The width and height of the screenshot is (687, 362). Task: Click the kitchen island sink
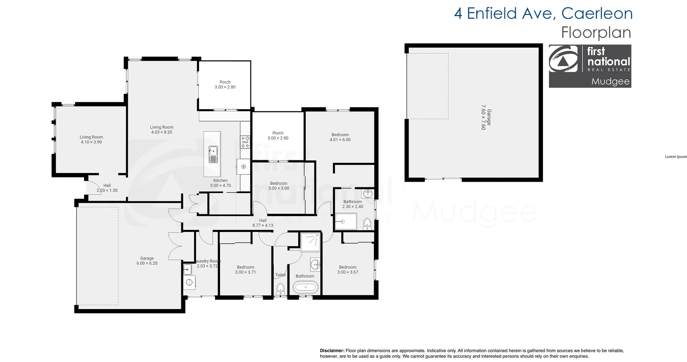(x=213, y=154)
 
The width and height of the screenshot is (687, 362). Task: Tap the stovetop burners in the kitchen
(x=245, y=142)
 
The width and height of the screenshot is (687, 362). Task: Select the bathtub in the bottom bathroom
(x=305, y=287)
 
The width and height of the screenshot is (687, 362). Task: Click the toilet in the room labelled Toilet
(x=281, y=289)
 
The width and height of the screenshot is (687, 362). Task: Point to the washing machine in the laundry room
(x=189, y=283)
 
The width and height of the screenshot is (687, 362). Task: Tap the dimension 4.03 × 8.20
(x=161, y=132)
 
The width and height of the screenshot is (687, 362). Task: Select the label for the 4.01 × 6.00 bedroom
(x=340, y=137)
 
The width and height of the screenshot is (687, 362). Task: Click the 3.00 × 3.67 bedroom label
(x=347, y=270)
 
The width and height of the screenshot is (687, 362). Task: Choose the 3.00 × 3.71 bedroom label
(x=245, y=270)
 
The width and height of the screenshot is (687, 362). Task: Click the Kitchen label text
(x=220, y=180)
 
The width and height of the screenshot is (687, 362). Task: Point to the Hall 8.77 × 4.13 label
(x=263, y=223)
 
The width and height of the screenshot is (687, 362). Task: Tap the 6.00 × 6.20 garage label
(x=147, y=261)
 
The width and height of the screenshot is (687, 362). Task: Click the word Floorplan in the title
(x=596, y=33)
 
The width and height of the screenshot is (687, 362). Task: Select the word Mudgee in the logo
(x=610, y=81)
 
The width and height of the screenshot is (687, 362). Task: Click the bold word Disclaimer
(x=332, y=351)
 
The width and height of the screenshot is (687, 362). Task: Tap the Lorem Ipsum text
(x=676, y=156)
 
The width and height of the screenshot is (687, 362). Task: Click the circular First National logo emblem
(x=563, y=59)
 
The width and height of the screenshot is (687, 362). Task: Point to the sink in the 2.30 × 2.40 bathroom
(x=367, y=194)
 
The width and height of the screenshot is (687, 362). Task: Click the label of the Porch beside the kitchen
(x=278, y=135)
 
